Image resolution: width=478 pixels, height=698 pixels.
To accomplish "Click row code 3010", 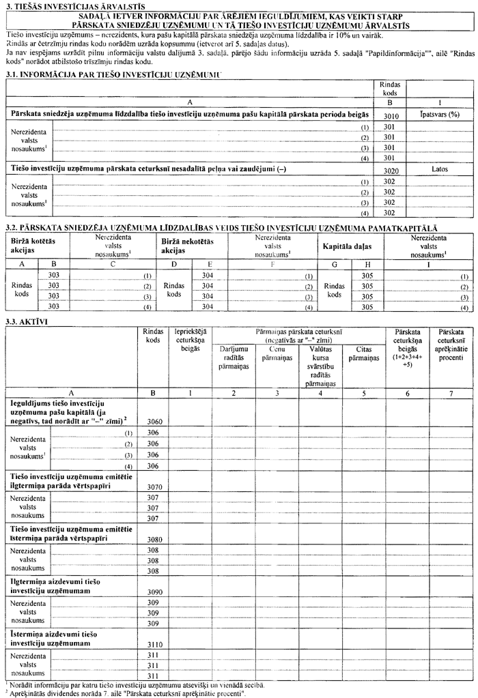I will click(x=391, y=117).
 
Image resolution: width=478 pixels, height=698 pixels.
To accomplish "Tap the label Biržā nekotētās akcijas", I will click(x=187, y=246).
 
